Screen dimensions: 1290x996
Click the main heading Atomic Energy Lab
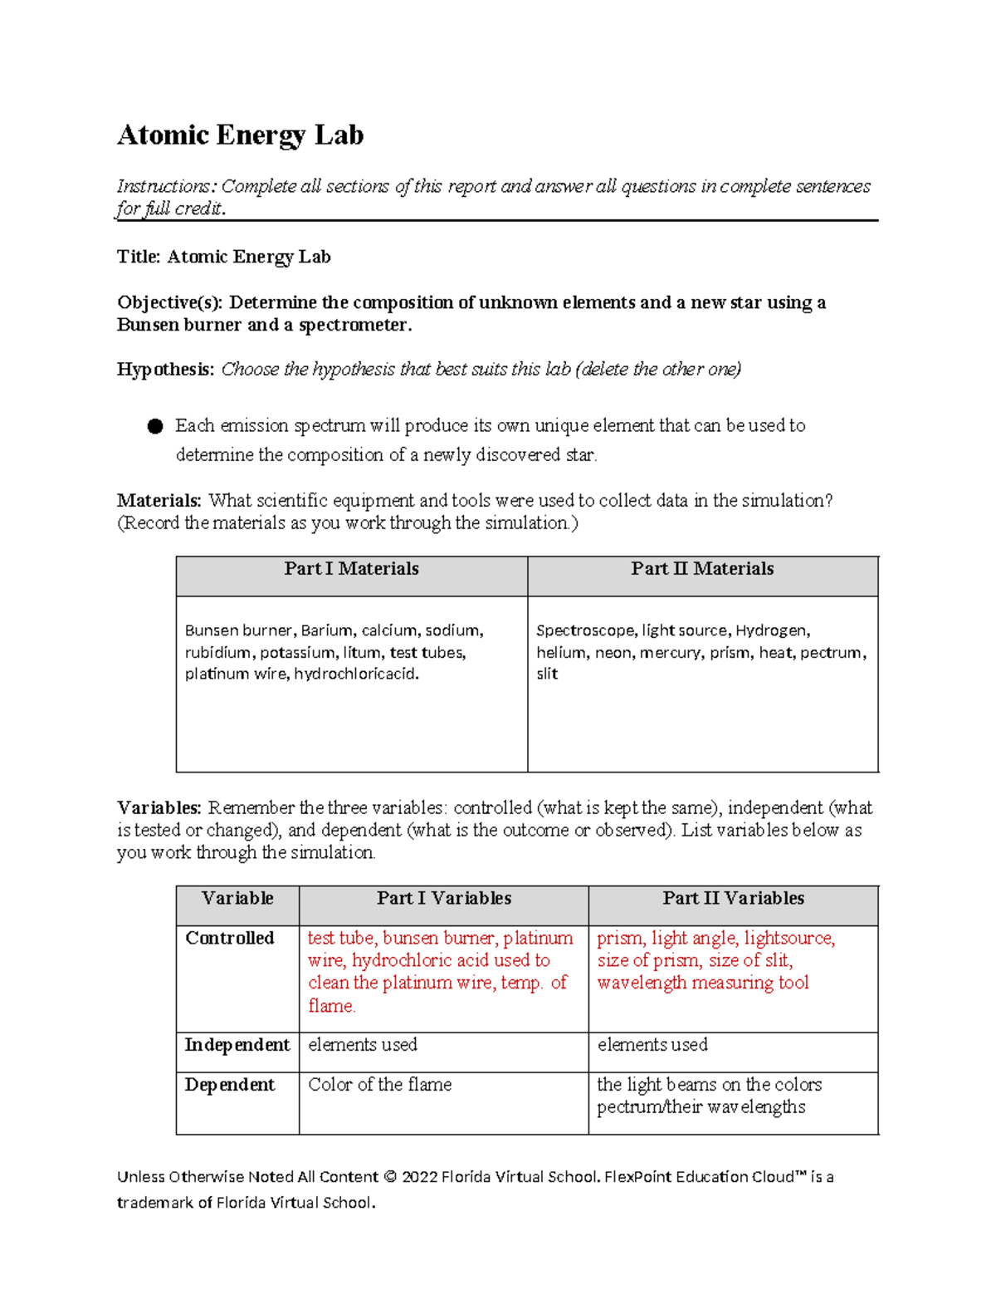(240, 135)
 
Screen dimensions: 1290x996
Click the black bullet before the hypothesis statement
(155, 426)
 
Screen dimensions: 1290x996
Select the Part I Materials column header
(351, 569)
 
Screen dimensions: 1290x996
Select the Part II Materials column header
(702, 569)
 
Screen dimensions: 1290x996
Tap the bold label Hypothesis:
(165, 370)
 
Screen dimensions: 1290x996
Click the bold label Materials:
(159, 501)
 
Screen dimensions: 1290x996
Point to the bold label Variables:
(159, 808)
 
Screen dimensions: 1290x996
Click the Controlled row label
(229, 939)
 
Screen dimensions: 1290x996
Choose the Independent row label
(237, 1045)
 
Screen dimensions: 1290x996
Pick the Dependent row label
(229, 1085)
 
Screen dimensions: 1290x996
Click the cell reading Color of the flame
(379, 1085)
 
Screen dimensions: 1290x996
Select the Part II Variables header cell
(733, 899)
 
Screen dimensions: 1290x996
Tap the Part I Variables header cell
(443, 899)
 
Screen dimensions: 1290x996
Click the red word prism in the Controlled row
(619, 939)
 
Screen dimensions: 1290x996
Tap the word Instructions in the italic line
(164, 187)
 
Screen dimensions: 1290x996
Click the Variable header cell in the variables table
(237, 899)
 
